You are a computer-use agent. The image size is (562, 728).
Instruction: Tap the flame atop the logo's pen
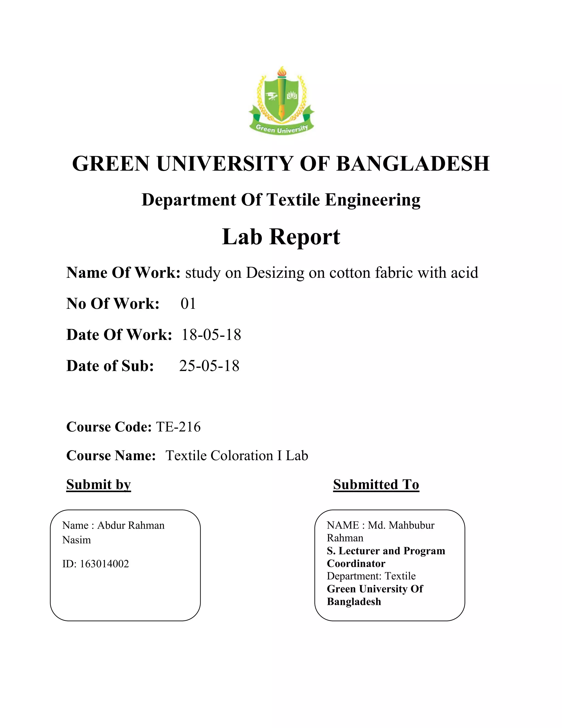point(282,71)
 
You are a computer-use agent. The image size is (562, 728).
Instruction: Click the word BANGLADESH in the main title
point(413,164)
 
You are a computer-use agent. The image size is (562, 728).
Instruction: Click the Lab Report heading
point(281,237)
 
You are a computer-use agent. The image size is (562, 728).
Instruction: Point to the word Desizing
point(275,273)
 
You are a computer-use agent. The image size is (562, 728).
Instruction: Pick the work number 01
point(188,304)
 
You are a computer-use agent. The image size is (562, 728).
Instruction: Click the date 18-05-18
point(211,335)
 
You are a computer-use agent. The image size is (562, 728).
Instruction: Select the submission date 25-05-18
point(209,366)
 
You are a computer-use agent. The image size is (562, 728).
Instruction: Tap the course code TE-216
point(178,427)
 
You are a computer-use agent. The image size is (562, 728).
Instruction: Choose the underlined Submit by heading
point(99,485)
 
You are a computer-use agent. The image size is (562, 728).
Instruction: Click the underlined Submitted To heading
point(376,485)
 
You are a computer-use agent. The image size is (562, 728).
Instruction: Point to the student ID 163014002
point(104,564)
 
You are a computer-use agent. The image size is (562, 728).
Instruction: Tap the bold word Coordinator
point(356,563)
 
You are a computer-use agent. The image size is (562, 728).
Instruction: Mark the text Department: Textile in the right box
point(371,576)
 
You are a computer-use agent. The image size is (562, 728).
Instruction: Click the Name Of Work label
point(123,273)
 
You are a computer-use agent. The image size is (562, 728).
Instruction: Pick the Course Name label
point(111,456)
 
